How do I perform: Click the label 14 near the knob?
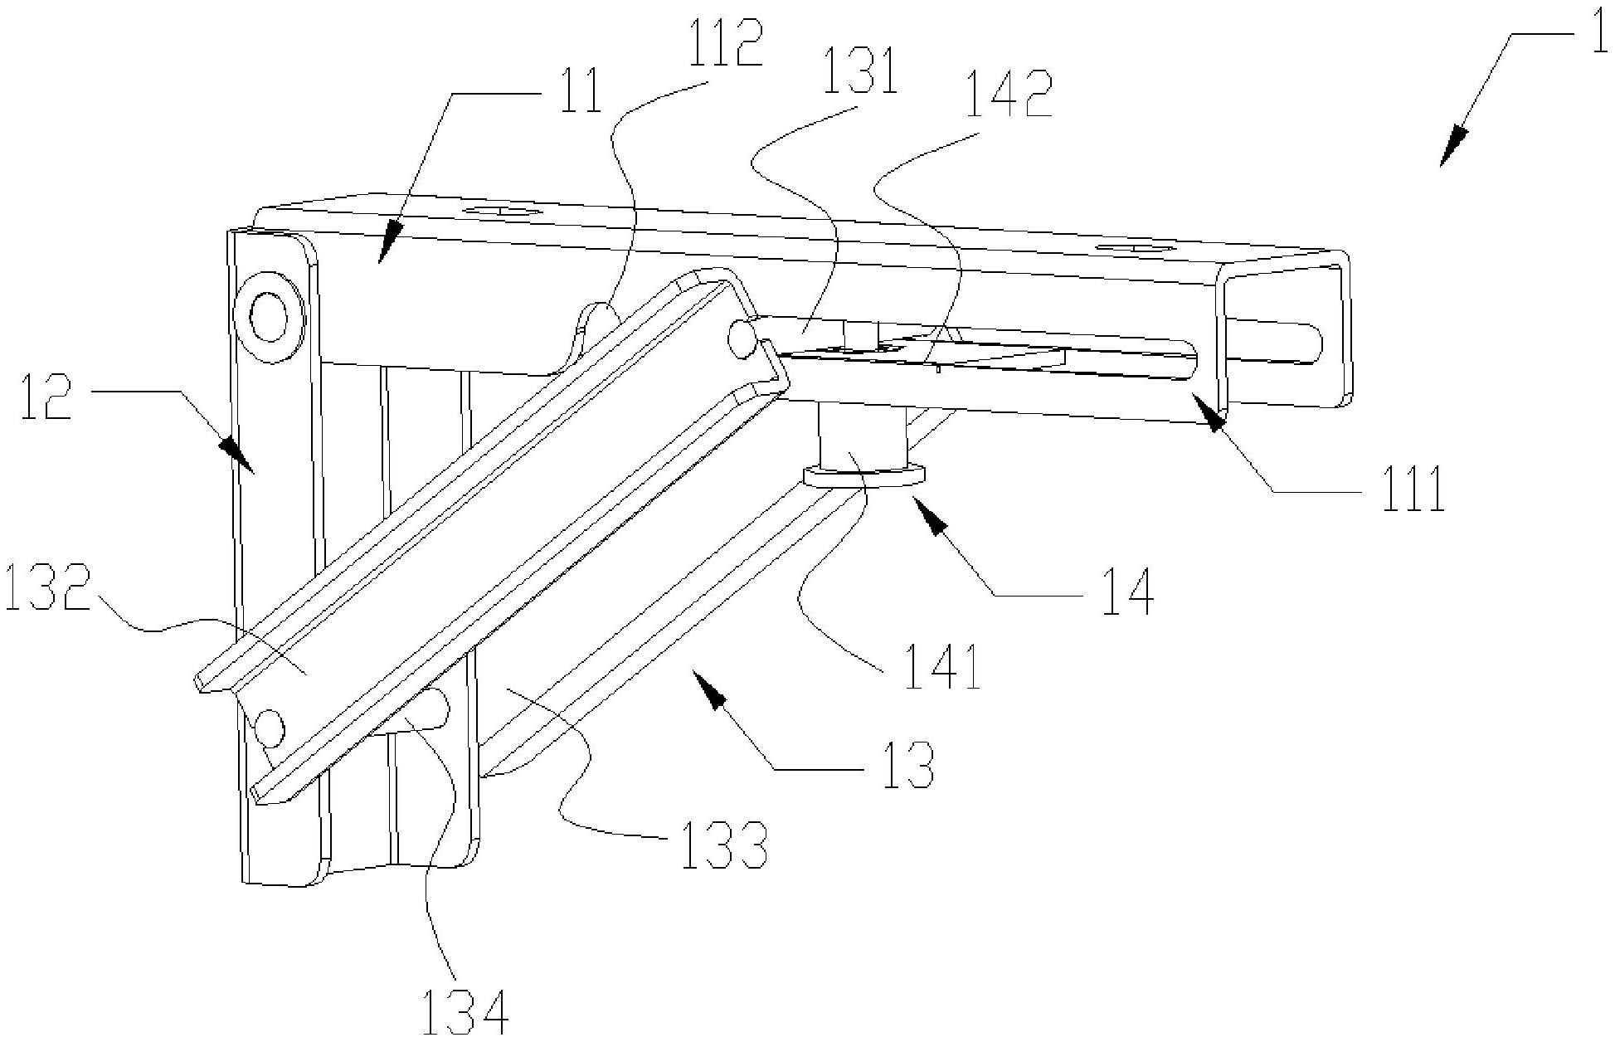[x=1128, y=592]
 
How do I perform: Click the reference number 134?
[x=465, y=1010]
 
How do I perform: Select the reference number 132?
[x=46, y=588]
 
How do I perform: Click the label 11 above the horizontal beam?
[x=581, y=91]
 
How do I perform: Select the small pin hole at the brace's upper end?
[x=741, y=335]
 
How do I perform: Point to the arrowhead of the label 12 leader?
[x=241, y=455]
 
